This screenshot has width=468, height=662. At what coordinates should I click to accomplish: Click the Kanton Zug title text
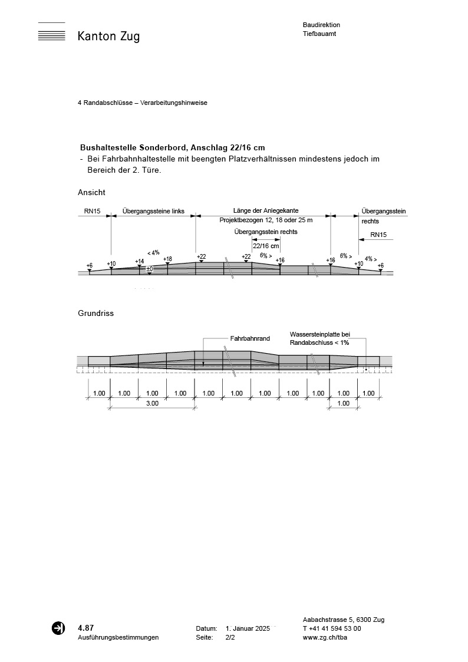(x=108, y=37)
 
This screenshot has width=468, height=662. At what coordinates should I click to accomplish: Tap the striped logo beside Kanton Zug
(x=51, y=32)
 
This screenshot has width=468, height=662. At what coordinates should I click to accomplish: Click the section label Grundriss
(x=95, y=314)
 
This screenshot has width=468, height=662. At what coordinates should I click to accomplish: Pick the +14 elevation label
(x=139, y=261)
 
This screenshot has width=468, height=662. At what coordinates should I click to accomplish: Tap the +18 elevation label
(x=167, y=259)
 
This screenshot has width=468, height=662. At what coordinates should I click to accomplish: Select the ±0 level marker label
(x=150, y=269)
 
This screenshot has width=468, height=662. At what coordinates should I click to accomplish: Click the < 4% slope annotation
(x=153, y=252)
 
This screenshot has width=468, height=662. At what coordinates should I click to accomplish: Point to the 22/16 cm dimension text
(x=266, y=246)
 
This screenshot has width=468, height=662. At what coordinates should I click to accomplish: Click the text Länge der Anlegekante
(x=266, y=210)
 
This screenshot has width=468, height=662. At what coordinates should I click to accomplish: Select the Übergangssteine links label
(x=153, y=210)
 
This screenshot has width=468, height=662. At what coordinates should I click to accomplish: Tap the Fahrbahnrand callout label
(x=250, y=339)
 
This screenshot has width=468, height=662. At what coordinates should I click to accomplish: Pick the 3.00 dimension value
(x=152, y=404)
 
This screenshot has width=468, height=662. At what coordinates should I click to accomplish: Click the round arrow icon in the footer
(x=58, y=628)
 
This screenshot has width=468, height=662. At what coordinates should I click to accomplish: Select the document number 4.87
(x=85, y=628)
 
